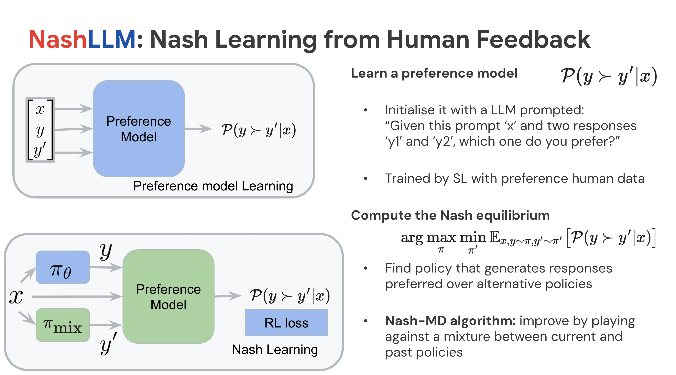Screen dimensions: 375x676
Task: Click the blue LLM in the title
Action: pos(112,40)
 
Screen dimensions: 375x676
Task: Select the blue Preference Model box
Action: pos(139,129)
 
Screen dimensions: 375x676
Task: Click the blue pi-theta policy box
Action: pos(62,267)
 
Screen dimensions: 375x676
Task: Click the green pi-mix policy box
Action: pos(62,325)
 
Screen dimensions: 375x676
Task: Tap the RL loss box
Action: pos(286,323)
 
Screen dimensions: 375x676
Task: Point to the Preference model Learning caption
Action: pos(213,186)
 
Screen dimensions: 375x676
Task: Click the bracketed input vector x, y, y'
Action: pos(40,130)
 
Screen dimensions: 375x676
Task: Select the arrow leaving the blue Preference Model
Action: pos(198,129)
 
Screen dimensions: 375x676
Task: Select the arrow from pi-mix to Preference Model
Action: pos(106,325)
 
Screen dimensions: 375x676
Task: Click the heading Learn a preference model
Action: pos(434,73)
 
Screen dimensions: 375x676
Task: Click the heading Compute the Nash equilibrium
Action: pos(450,215)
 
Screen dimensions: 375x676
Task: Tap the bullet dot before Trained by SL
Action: pos(365,179)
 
